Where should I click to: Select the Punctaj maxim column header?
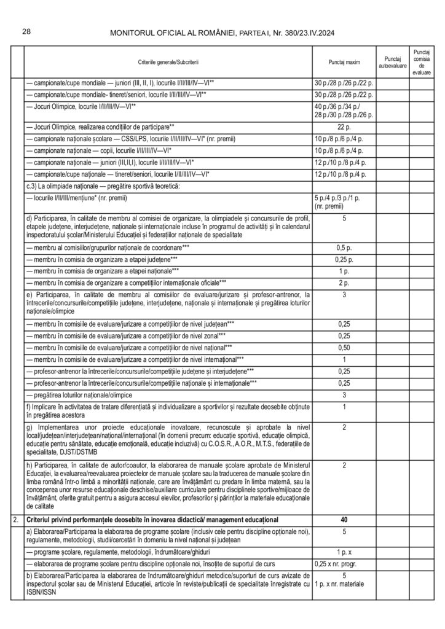[344, 63]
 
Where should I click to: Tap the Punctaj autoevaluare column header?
[392, 63]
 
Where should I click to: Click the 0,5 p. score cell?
[344, 247]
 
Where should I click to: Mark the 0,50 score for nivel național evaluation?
[344, 347]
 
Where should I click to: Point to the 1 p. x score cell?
[344, 552]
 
